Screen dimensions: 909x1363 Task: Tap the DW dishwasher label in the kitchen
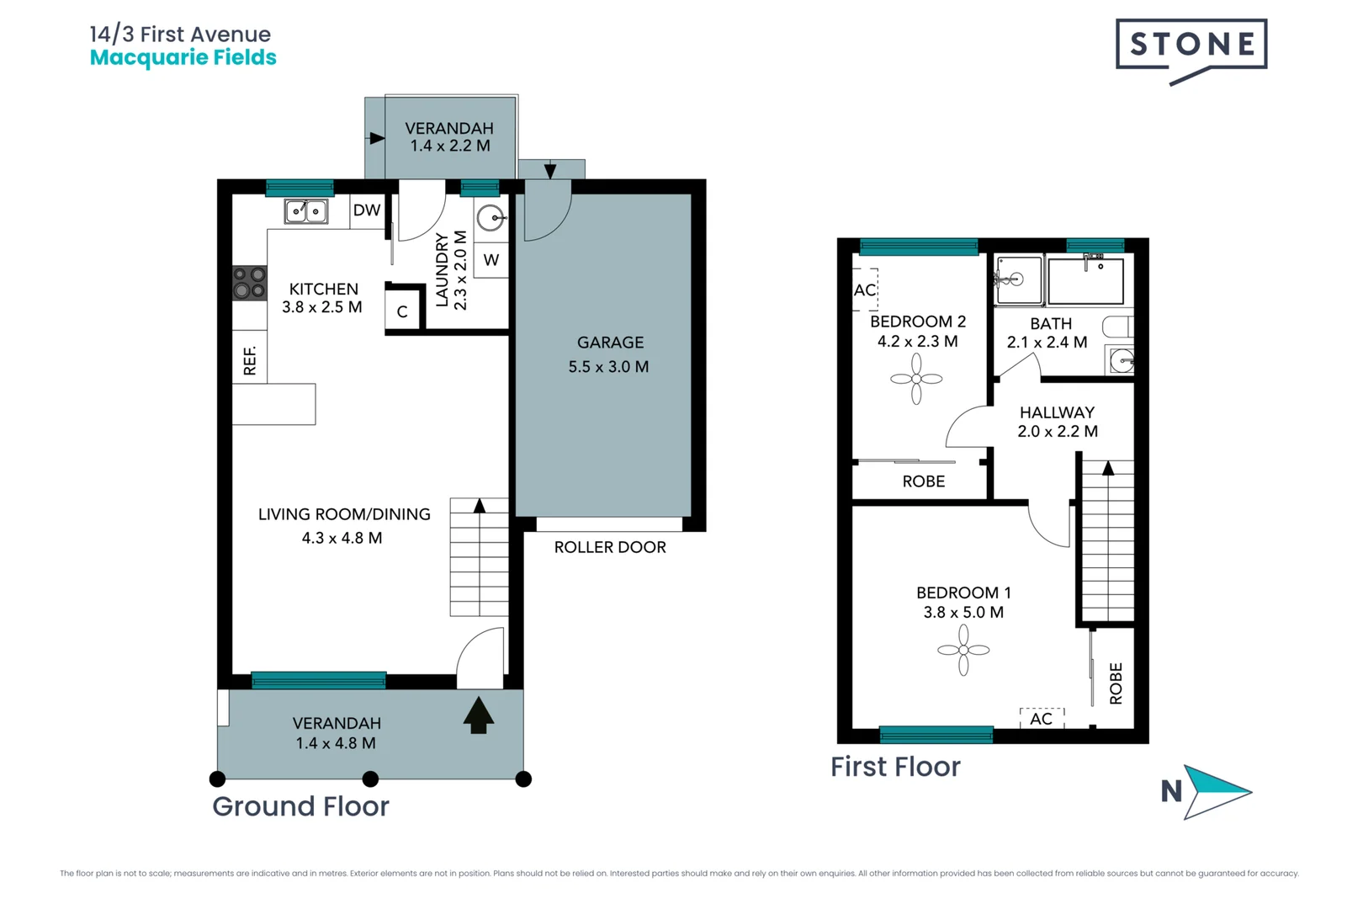(367, 210)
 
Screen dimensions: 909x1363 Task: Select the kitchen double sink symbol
(305, 210)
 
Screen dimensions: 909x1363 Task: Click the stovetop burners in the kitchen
(249, 283)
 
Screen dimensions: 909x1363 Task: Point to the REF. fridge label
(250, 359)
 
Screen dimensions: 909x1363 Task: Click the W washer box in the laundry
(491, 260)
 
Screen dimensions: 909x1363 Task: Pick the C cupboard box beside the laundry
(402, 311)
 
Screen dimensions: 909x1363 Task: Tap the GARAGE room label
(610, 343)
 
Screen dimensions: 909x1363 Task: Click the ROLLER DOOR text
(610, 547)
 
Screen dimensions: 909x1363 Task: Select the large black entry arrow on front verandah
(478, 715)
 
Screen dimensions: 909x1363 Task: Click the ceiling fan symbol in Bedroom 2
(916, 379)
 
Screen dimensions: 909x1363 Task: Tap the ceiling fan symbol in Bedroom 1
(963, 650)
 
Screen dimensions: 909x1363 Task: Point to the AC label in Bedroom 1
(1041, 719)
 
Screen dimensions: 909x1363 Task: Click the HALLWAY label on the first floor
(1057, 412)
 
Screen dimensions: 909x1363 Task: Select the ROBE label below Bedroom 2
(923, 481)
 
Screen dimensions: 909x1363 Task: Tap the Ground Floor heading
(300, 806)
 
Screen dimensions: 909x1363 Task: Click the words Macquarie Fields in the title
(183, 57)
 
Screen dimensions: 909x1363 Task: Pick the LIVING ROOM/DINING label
(343, 514)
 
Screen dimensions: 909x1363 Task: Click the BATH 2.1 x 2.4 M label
(1049, 332)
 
